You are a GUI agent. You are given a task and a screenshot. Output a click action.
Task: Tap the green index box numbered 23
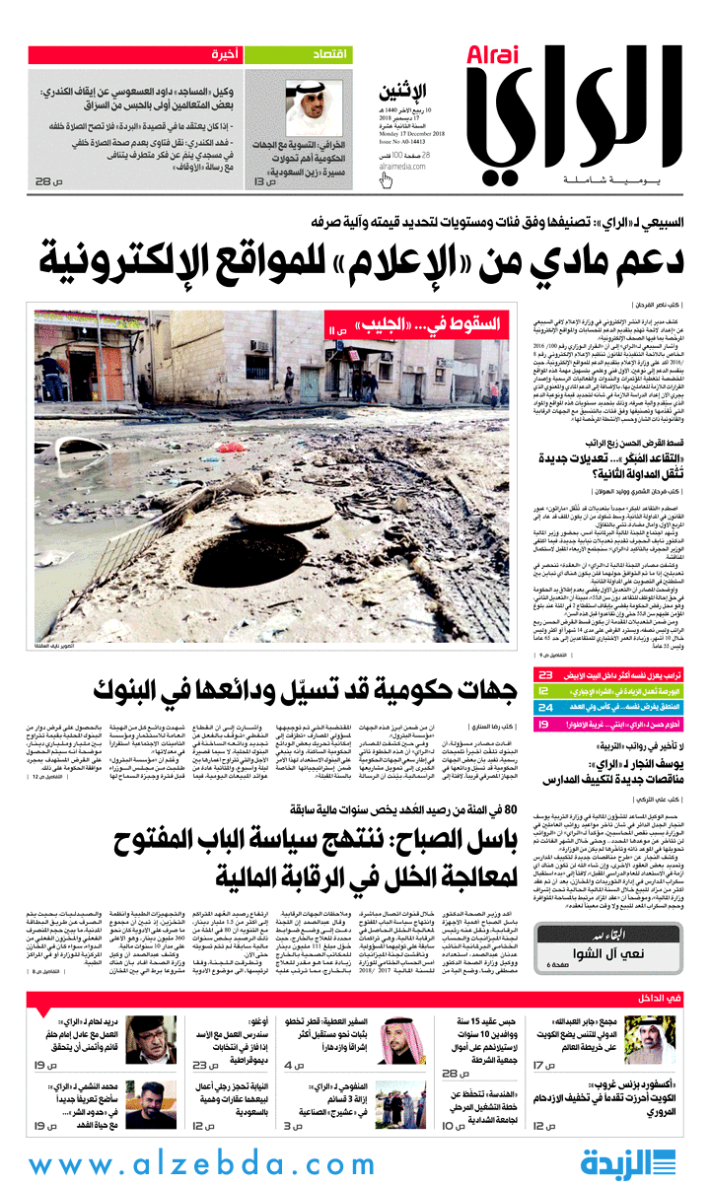544,675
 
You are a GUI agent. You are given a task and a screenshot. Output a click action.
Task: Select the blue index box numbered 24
544,708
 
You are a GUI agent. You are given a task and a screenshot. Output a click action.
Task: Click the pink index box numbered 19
544,725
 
